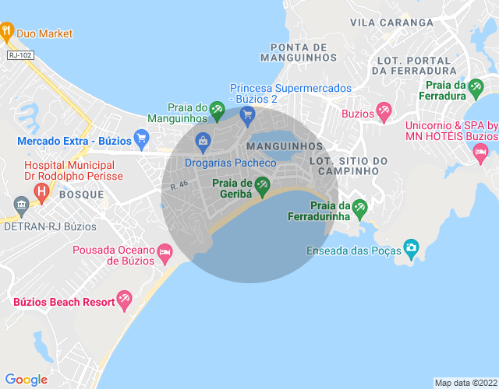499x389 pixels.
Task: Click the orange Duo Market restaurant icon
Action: [x=7, y=33]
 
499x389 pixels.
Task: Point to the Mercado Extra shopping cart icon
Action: [x=141, y=140]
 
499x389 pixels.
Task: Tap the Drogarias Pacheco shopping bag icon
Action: [x=203, y=141]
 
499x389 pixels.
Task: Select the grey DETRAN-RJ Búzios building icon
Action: [x=20, y=205]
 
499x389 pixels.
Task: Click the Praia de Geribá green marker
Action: [x=263, y=185]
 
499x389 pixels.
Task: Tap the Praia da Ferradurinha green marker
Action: [x=359, y=207]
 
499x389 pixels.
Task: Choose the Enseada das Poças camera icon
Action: [x=411, y=249]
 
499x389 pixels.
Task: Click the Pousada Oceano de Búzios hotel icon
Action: [x=165, y=252]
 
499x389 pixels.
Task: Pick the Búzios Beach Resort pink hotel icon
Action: [x=123, y=300]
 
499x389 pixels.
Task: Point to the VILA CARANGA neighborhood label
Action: [x=391, y=23]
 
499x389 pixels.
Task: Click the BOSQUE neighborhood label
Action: [x=80, y=194]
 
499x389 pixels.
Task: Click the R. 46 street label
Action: [x=179, y=185]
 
